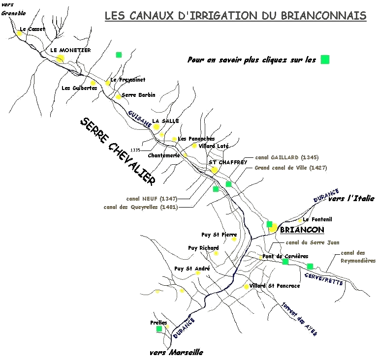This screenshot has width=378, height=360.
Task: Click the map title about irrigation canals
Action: [236, 16]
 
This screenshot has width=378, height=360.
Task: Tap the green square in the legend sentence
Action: [325, 60]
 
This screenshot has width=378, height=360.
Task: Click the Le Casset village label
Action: [32, 30]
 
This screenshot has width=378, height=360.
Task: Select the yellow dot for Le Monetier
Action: [60, 59]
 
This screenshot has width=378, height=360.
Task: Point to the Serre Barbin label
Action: [138, 95]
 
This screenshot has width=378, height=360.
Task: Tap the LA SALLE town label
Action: [165, 121]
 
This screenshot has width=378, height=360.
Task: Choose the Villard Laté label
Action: [214, 146]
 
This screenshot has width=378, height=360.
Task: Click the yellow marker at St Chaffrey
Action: [215, 170]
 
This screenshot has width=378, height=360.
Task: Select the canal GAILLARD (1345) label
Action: [286, 158]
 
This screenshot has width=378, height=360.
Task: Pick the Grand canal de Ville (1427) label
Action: [290, 168]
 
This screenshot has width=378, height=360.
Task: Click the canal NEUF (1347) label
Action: [152, 199]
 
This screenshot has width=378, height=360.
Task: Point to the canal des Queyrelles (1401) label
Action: [141, 207]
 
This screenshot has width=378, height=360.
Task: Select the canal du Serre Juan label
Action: [313, 242]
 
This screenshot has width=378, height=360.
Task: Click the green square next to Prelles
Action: [159, 329]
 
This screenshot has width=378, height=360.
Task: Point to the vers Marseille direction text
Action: [176, 353]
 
